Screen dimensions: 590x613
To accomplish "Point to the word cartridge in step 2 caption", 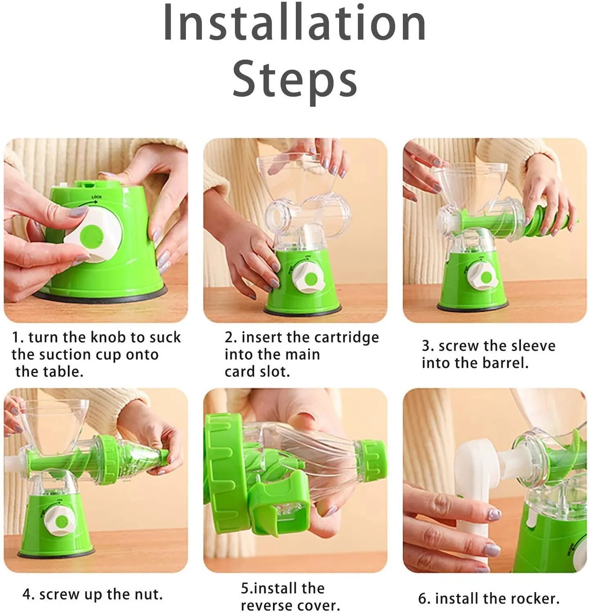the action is coord(347,338).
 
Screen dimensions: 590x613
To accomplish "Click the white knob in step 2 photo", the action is coord(309,277).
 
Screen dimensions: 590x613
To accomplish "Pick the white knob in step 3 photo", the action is coord(483,277).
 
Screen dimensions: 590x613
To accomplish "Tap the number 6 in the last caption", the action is coord(422,599).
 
